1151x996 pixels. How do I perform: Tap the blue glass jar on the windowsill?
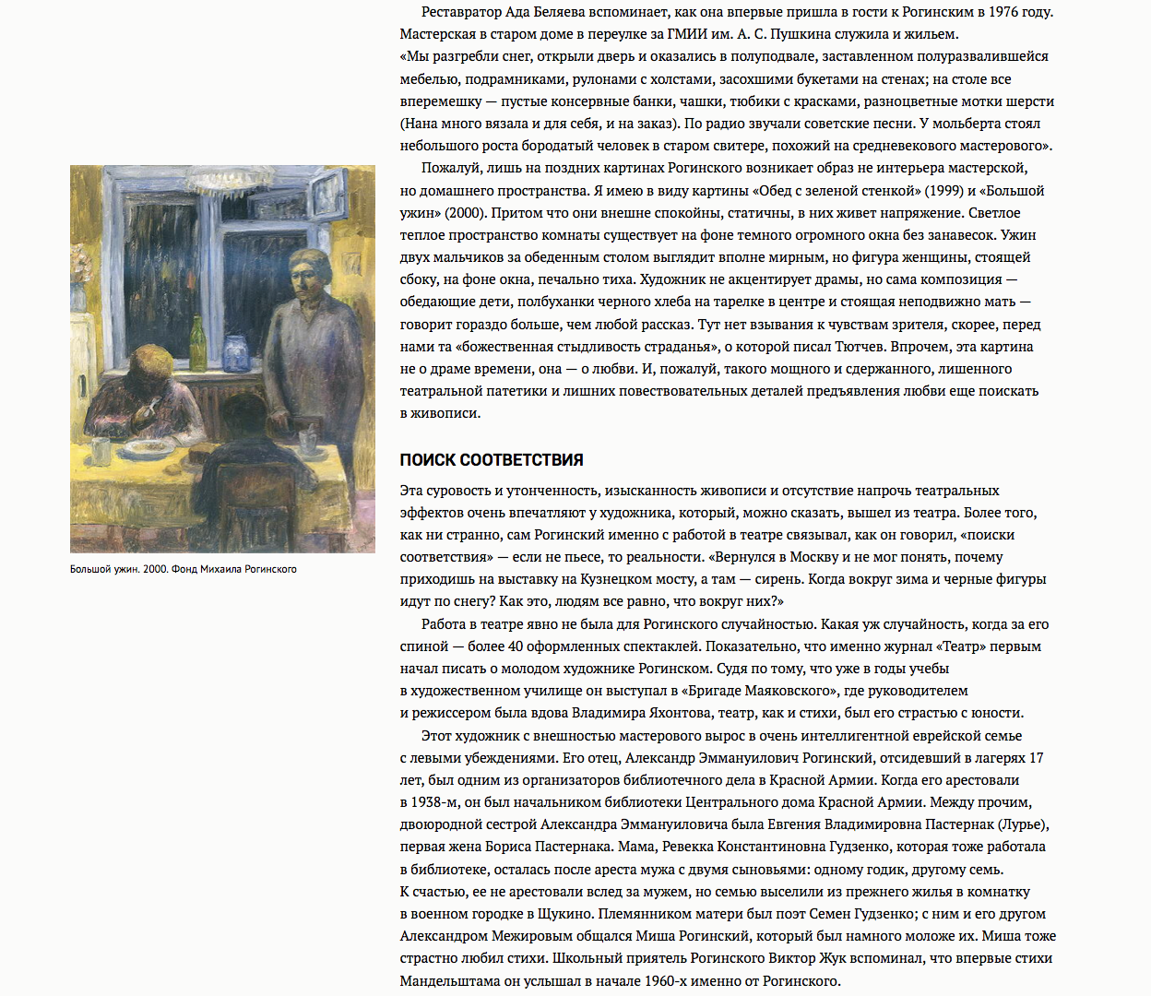235,353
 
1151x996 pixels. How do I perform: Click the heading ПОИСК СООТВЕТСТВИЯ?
492,460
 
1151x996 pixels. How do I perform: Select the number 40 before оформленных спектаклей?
517,646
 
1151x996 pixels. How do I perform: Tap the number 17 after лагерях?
1036,758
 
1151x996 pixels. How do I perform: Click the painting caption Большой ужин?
104,569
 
